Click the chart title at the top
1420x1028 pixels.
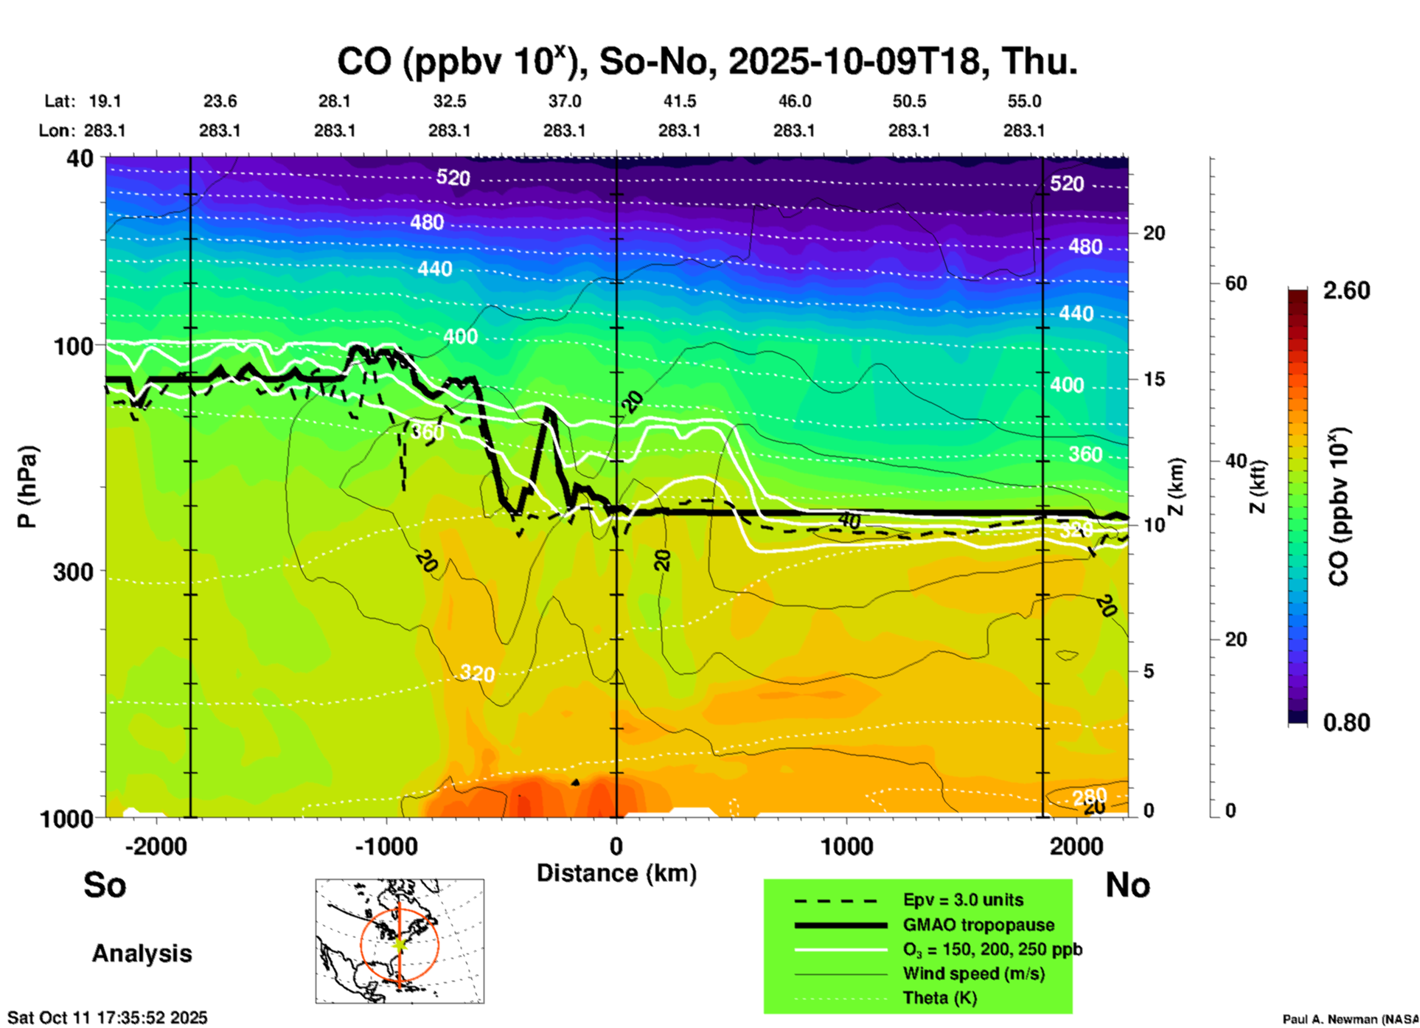707,60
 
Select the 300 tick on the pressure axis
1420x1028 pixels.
74,572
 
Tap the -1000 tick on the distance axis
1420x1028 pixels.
386,846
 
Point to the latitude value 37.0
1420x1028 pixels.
564,101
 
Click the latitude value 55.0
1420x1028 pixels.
1024,101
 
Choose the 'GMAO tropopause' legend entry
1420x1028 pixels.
978,925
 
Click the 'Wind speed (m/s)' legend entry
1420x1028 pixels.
973,973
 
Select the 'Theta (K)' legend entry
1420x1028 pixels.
939,998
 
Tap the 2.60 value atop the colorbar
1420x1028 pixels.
1346,291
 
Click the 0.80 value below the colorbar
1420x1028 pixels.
1346,722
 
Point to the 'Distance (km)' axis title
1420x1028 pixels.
616,873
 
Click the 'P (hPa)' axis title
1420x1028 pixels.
27,487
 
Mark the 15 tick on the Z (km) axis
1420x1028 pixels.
1154,379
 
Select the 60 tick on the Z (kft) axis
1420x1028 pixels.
1236,283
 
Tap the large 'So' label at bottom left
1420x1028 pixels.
105,885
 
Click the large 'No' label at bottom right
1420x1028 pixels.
1127,885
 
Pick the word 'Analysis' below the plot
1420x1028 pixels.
142,954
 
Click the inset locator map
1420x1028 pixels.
400,941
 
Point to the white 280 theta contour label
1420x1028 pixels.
1089,796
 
